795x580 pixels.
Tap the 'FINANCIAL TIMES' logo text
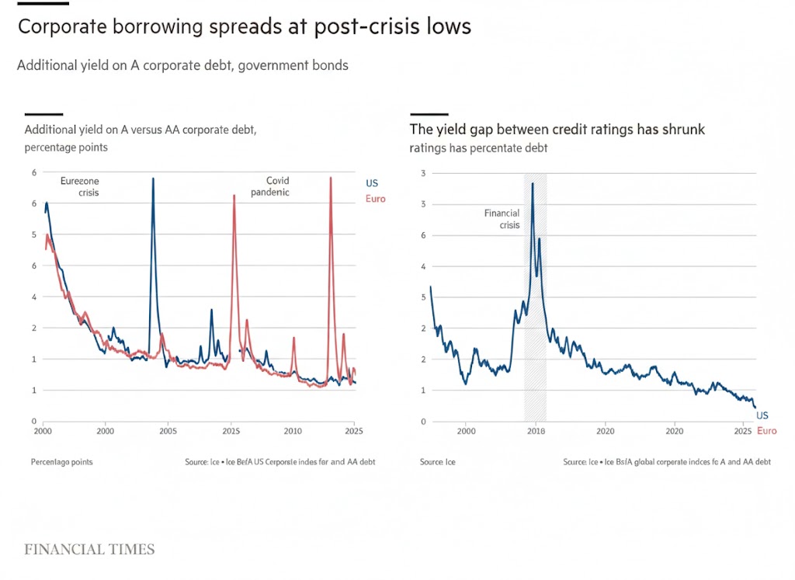click(89, 550)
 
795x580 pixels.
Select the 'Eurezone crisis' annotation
click(80, 186)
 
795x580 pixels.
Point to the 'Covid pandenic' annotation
click(270, 186)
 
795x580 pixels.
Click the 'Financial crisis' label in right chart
click(502, 219)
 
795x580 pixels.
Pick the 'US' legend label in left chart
click(372, 183)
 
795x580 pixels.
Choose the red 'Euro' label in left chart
click(375, 199)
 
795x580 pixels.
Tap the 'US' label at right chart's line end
click(762, 416)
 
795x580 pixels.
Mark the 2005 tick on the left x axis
click(168, 430)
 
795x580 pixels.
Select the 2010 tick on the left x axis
click(292, 430)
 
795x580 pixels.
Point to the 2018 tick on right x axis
click(536, 430)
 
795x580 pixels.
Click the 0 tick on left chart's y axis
click(33, 421)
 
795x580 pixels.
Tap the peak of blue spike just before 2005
click(152, 179)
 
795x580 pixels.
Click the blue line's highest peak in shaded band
click(533, 183)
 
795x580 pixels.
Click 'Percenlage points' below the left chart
click(61, 462)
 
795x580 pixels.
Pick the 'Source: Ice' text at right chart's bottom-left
click(438, 462)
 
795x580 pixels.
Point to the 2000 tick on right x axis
click(466, 430)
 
